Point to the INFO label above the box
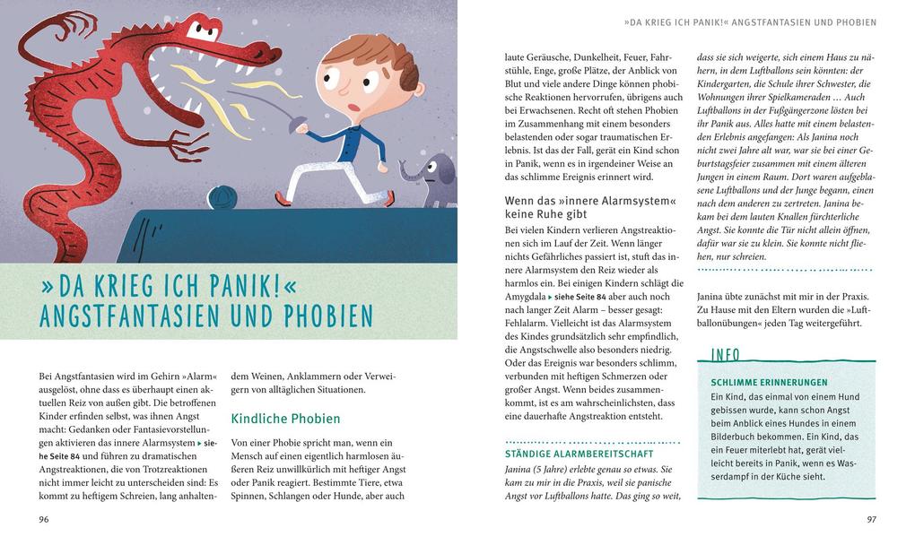(x=725, y=355)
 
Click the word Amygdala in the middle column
(x=526, y=296)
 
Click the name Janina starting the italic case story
(x=522, y=469)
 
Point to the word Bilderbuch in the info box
(x=739, y=437)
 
